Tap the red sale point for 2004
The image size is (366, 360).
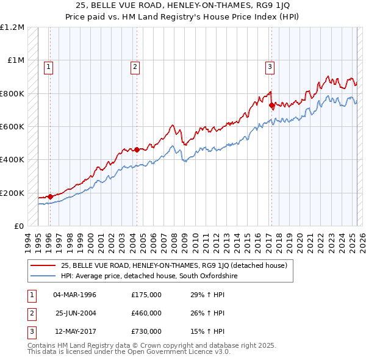(x=137, y=149)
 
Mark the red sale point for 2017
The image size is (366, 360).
(x=271, y=105)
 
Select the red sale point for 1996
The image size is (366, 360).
(x=50, y=196)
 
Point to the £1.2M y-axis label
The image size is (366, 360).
(x=12, y=27)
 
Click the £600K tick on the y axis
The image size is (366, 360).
(x=12, y=127)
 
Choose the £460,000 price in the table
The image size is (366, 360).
(x=146, y=313)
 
